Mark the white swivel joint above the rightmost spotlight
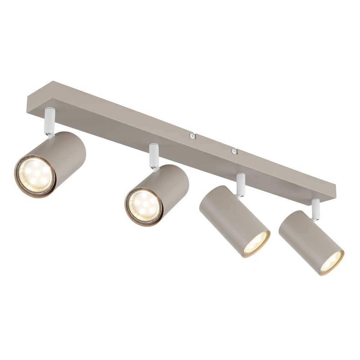pos(316,209)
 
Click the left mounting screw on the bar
pos(192,136)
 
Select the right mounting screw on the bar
pos(234,151)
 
